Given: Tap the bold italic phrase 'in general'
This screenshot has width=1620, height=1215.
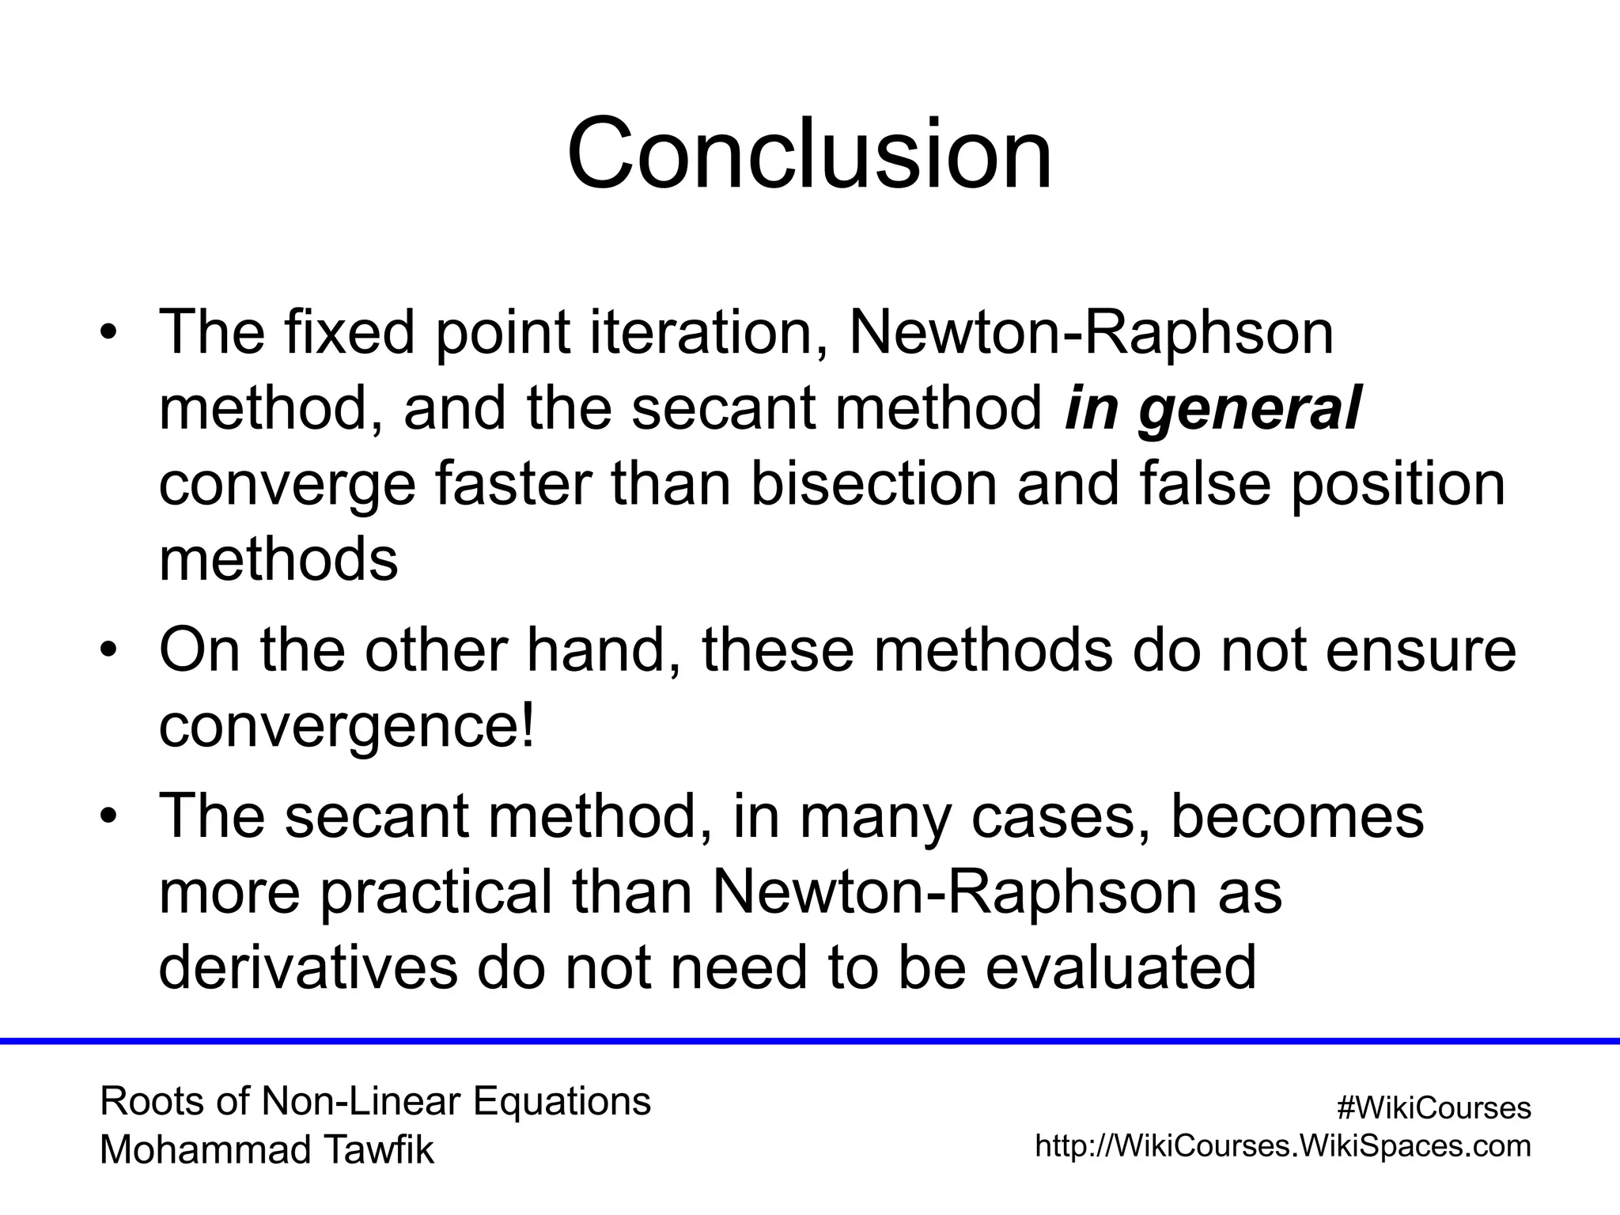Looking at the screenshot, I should tap(1212, 409).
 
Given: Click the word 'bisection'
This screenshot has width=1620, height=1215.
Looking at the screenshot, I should tap(873, 484).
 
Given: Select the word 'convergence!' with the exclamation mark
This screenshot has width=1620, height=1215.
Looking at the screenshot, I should tap(347, 726).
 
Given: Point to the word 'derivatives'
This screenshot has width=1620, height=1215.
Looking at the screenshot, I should tap(308, 967).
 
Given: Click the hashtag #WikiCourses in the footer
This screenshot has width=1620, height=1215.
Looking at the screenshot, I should tap(1433, 1108).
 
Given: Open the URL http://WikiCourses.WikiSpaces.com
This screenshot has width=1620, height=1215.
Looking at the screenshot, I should tap(1283, 1145).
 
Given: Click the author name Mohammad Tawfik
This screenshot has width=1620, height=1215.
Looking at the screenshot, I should tap(267, 1150).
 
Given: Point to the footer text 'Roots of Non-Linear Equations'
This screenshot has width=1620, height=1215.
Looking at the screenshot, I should tap(375, 1101).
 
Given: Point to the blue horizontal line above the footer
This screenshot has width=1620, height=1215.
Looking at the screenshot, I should tap(810, 1041).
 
